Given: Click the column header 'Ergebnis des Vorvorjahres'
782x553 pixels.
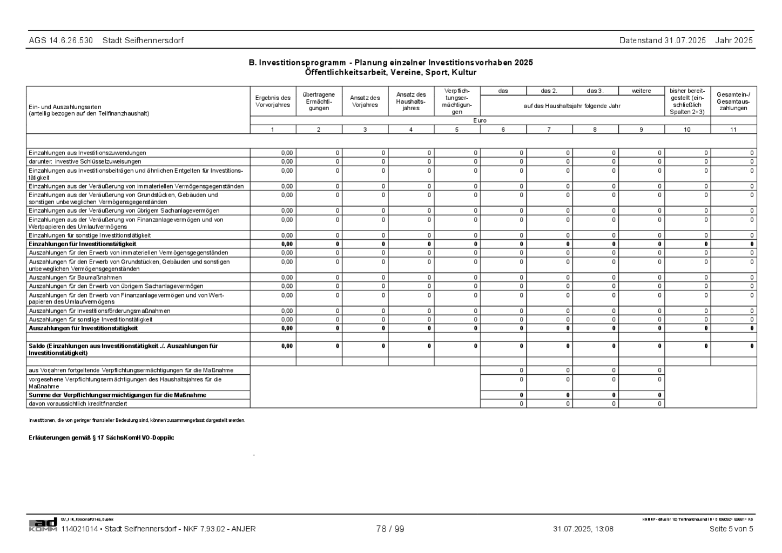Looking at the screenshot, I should [x=273, y=101].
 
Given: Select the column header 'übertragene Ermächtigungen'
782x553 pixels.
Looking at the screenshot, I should [x=319, y=101].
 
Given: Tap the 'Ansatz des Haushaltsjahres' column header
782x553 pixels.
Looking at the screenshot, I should [x=411, y=101].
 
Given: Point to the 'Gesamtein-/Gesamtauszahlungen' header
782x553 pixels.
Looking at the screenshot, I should [x=733, y=101].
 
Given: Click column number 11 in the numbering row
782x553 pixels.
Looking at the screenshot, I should [x=733, y=130].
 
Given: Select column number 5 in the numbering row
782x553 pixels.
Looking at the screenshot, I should [x=457, y=130].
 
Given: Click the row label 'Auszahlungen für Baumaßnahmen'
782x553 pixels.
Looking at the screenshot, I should [x=75, y=278].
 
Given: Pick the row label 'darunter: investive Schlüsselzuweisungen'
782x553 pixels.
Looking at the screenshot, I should [x=85, y=161].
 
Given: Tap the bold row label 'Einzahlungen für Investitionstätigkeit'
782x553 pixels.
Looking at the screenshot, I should [x=82, y=244].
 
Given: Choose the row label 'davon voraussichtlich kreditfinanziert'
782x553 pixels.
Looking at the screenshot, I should [x=78, y=403].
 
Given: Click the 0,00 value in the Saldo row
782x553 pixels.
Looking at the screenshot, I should [x=287, y=346].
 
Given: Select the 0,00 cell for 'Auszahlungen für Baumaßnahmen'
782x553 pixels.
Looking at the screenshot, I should [x=287, y=278].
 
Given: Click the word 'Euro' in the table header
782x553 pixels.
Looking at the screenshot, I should [x=480, y=120].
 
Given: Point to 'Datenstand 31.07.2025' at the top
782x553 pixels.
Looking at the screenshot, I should [x=662, y=41].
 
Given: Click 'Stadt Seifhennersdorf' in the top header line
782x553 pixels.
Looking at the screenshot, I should [x=143, y=41].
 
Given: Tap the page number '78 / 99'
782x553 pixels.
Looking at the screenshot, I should [x=390, y=529].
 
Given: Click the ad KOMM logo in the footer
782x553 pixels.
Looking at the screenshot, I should [x=43, y=525].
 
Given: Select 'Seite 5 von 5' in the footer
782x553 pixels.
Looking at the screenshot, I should [x=731, y=529].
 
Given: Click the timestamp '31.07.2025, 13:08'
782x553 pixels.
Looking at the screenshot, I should [x=583, y=529].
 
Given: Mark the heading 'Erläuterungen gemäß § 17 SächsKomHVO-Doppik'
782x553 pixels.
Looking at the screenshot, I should [x=101, y=437].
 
